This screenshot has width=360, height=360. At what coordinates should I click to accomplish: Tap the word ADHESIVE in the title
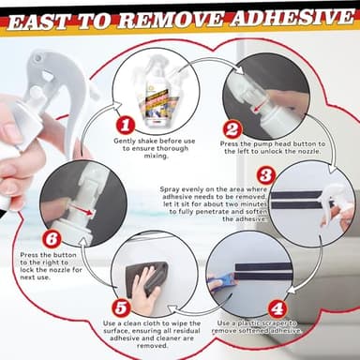[282, 18]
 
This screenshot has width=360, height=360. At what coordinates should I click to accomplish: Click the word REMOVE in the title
[168, 18]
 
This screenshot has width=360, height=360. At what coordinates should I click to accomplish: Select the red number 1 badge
[123, 124]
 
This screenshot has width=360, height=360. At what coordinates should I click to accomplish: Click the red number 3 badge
[265, 175]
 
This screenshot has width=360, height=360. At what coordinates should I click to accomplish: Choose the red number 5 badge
[121, 307]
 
